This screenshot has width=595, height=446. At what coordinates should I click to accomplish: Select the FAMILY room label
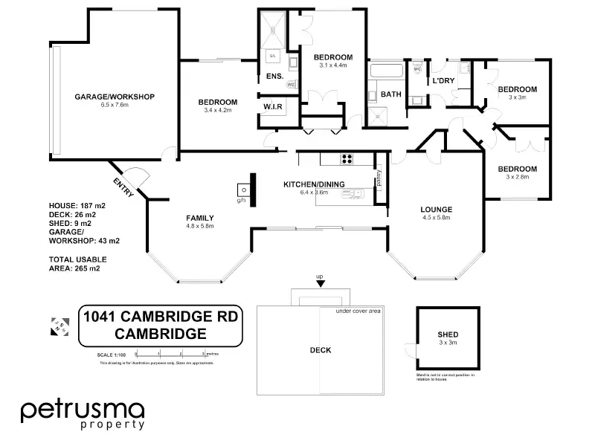click(x=199, y=218)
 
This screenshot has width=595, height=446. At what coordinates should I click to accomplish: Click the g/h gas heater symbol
click(x=242, y=189)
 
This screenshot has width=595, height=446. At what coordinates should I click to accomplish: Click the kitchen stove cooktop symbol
click(x=347, y=158)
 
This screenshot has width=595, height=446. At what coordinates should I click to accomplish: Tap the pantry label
click(x=379, y=178)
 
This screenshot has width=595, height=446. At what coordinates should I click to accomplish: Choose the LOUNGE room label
click(x=437, y=210)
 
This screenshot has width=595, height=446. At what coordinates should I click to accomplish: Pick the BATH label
click(x=390, y=94)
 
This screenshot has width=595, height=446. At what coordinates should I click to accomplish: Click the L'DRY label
click(x=443, y=80)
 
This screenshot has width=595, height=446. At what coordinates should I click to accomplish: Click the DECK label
click(x=320, y=350)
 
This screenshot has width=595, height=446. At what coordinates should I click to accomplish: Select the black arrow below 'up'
click(x=321, y=283)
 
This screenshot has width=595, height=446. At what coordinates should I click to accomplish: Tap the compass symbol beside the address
click(x=58, y=325)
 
